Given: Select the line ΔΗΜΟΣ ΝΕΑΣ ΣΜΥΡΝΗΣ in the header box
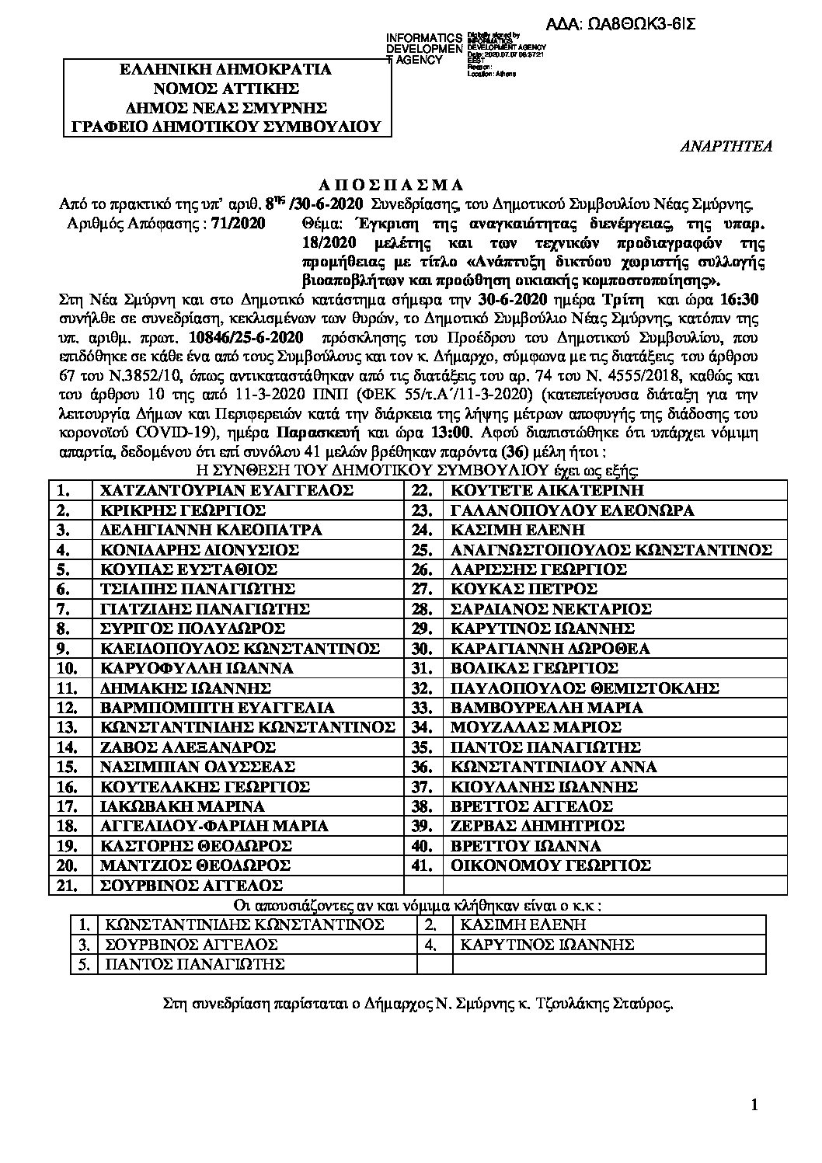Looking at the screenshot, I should point(227,107).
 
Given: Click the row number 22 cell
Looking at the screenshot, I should point(423,490).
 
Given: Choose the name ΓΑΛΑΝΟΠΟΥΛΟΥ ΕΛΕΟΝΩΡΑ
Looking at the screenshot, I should point(572,510).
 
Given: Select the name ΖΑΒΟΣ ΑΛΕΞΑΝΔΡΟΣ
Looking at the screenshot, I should point(189,747).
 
